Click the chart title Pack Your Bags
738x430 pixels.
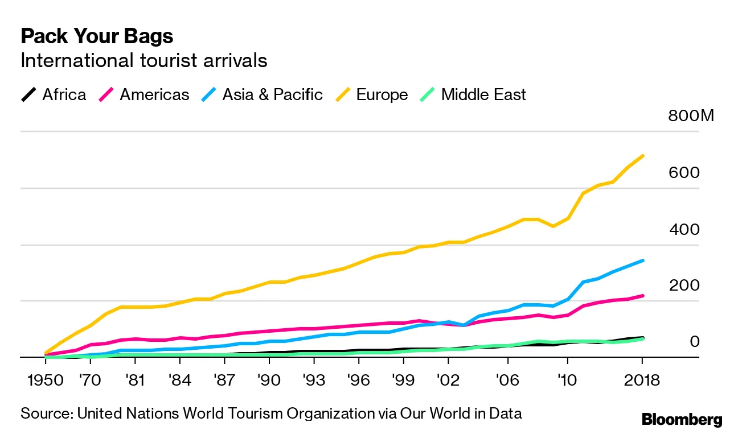pos(97,36)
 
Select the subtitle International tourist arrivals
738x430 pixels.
pos(143,60)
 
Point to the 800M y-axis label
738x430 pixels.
pos(691,117)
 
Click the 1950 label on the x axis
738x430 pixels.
pos(45,379)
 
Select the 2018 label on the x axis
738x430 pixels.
pos(642,379)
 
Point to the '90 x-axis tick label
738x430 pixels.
pos(269,379)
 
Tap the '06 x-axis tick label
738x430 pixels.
pos(507,379)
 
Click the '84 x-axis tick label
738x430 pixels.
pos(179,379)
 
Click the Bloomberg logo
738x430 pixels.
pos(682,420)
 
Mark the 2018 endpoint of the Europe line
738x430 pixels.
pos(642,156)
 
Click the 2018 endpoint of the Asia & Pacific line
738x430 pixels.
pos(642,261)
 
